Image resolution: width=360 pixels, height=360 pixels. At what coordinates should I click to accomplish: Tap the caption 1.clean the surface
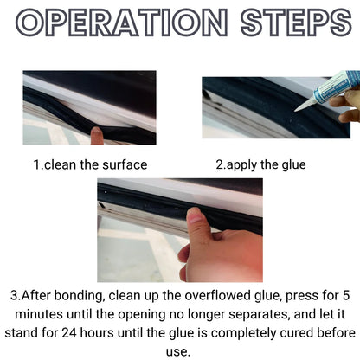coord(90,164)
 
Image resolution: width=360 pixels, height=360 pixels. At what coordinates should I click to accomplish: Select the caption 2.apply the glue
coord(260,164)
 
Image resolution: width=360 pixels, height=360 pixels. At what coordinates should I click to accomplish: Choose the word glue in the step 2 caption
coord(290,164)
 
